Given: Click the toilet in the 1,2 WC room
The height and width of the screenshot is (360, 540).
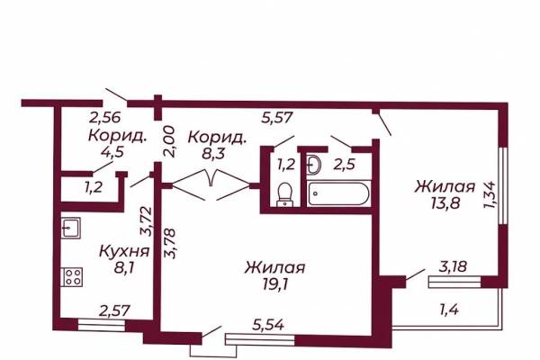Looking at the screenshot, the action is tap(284, 194).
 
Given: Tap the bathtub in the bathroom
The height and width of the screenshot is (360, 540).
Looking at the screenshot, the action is tap(338, 193).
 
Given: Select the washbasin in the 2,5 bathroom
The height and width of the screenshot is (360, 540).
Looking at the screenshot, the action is tap(314, 165).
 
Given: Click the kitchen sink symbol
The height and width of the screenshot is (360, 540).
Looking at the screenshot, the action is tap(71, 228).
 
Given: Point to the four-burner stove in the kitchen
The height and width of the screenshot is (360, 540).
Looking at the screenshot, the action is tap(72, 277).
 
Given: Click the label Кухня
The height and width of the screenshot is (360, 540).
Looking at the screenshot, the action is tap(124, 251).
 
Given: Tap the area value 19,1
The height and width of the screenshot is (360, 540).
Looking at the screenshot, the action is tap(274, 284).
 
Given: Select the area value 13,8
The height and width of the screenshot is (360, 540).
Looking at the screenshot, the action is tap(445, 203).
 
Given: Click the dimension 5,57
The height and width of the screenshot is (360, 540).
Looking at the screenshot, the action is tap(277, 118).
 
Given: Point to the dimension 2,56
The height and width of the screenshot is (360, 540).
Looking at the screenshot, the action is tap(105, 118).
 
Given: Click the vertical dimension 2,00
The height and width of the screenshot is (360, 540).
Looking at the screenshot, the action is tap(169, 141).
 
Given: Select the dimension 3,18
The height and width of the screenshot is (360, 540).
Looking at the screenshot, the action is tap(453, 266).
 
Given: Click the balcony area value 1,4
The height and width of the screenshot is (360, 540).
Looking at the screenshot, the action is tap(449, 310).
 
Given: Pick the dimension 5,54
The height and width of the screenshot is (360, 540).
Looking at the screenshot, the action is tap(268, 325).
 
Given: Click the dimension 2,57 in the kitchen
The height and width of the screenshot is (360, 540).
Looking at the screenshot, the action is tap(114, 310).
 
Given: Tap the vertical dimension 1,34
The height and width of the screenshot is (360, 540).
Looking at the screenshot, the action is tap(490, 195).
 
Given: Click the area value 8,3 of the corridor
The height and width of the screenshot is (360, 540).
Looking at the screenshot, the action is tap(214, 153).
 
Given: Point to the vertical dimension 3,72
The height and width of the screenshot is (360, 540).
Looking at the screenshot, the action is tap(146, 220).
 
